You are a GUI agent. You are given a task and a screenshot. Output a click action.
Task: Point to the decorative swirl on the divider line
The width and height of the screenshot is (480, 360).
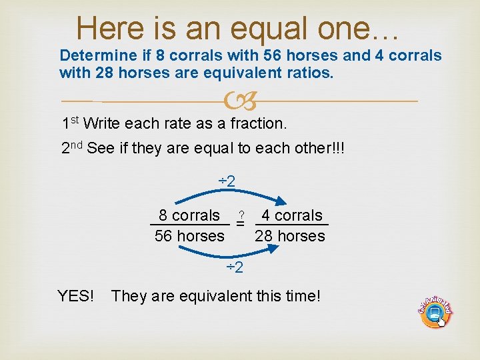pos(240,101)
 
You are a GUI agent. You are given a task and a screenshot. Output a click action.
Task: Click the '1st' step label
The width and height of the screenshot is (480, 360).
pos(71,123)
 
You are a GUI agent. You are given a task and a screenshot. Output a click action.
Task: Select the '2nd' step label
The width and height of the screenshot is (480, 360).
pos(71,148)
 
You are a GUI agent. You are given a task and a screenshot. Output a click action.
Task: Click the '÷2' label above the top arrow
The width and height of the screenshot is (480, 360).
pos(228,181)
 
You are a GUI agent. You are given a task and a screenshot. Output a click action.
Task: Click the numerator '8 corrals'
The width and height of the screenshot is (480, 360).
pos(189,215)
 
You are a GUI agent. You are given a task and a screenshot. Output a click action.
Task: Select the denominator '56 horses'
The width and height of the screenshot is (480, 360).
pos(189,236)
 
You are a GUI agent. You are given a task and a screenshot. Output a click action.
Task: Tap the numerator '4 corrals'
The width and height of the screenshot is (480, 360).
pos(291,215)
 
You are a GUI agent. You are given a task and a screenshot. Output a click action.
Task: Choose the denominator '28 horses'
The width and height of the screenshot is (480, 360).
pos(290,236)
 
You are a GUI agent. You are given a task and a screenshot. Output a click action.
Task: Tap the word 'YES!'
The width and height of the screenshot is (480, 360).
pos(76,295)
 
